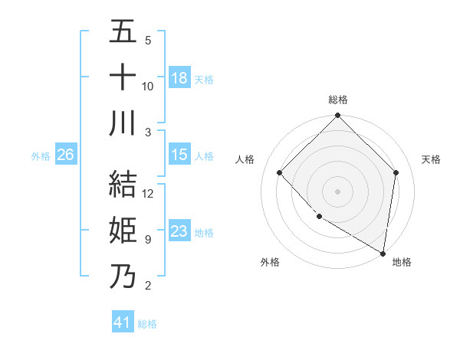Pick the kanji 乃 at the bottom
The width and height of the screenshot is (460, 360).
tap(123, 276)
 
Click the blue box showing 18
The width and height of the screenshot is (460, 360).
tap(179, 77)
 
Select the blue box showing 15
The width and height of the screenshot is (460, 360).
tap(179, 155)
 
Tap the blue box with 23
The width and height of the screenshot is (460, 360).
tap(179, 232)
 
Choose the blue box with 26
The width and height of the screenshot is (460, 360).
tap(65, 155)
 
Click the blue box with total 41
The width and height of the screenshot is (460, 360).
tap(123, 322)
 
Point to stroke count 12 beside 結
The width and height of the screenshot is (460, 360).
tap(149, 194)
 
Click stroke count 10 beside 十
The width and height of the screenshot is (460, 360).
tap(148, 86)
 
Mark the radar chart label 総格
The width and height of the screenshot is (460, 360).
tap(337, 100)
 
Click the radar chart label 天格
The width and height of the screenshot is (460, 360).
tap(432, 159)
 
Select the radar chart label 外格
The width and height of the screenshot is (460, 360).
tap(270, 263)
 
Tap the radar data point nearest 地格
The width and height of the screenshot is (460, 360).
tap(383, 253)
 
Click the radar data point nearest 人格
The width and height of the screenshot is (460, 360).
tap(280, 172)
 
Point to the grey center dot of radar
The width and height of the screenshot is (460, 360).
tap(337, 191)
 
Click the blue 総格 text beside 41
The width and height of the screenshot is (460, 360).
tap(147, 323)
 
